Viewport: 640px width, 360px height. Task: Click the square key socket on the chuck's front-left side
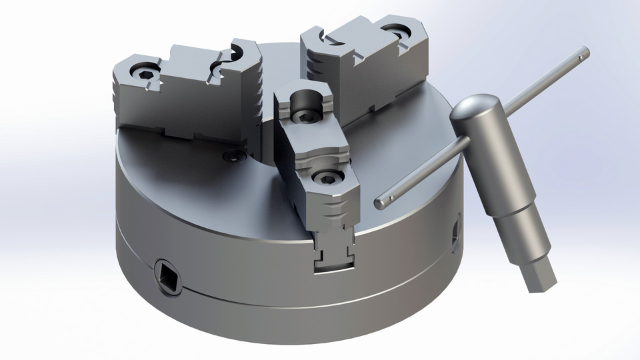point(166,276)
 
